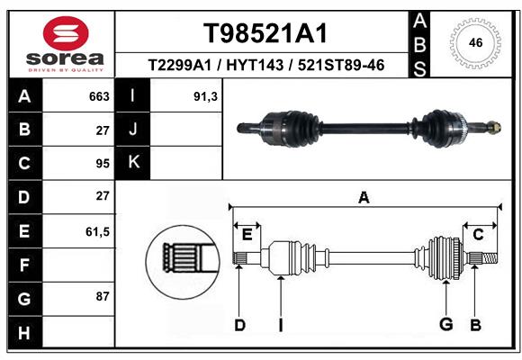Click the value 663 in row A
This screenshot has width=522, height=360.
pos(99,96)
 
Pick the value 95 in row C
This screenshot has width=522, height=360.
pos(102,164)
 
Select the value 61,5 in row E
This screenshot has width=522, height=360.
pos(97,231)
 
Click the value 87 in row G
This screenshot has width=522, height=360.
pos(102,296)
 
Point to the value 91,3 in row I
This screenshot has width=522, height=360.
pos(206,96)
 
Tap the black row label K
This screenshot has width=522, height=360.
pos(133,163)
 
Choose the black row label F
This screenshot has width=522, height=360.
pos(23,265)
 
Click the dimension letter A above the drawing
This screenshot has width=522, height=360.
pos(364,197)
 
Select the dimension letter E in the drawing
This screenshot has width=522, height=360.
pos(247,235)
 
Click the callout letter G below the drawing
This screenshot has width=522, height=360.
pos(445,324)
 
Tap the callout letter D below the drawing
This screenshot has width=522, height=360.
pos(239,325)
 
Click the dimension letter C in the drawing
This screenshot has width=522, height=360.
pos(479,235)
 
